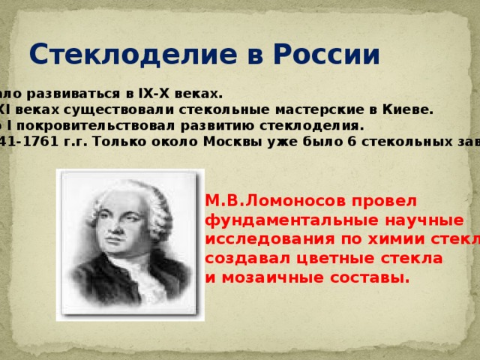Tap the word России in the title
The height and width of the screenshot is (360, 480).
point(328,55)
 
